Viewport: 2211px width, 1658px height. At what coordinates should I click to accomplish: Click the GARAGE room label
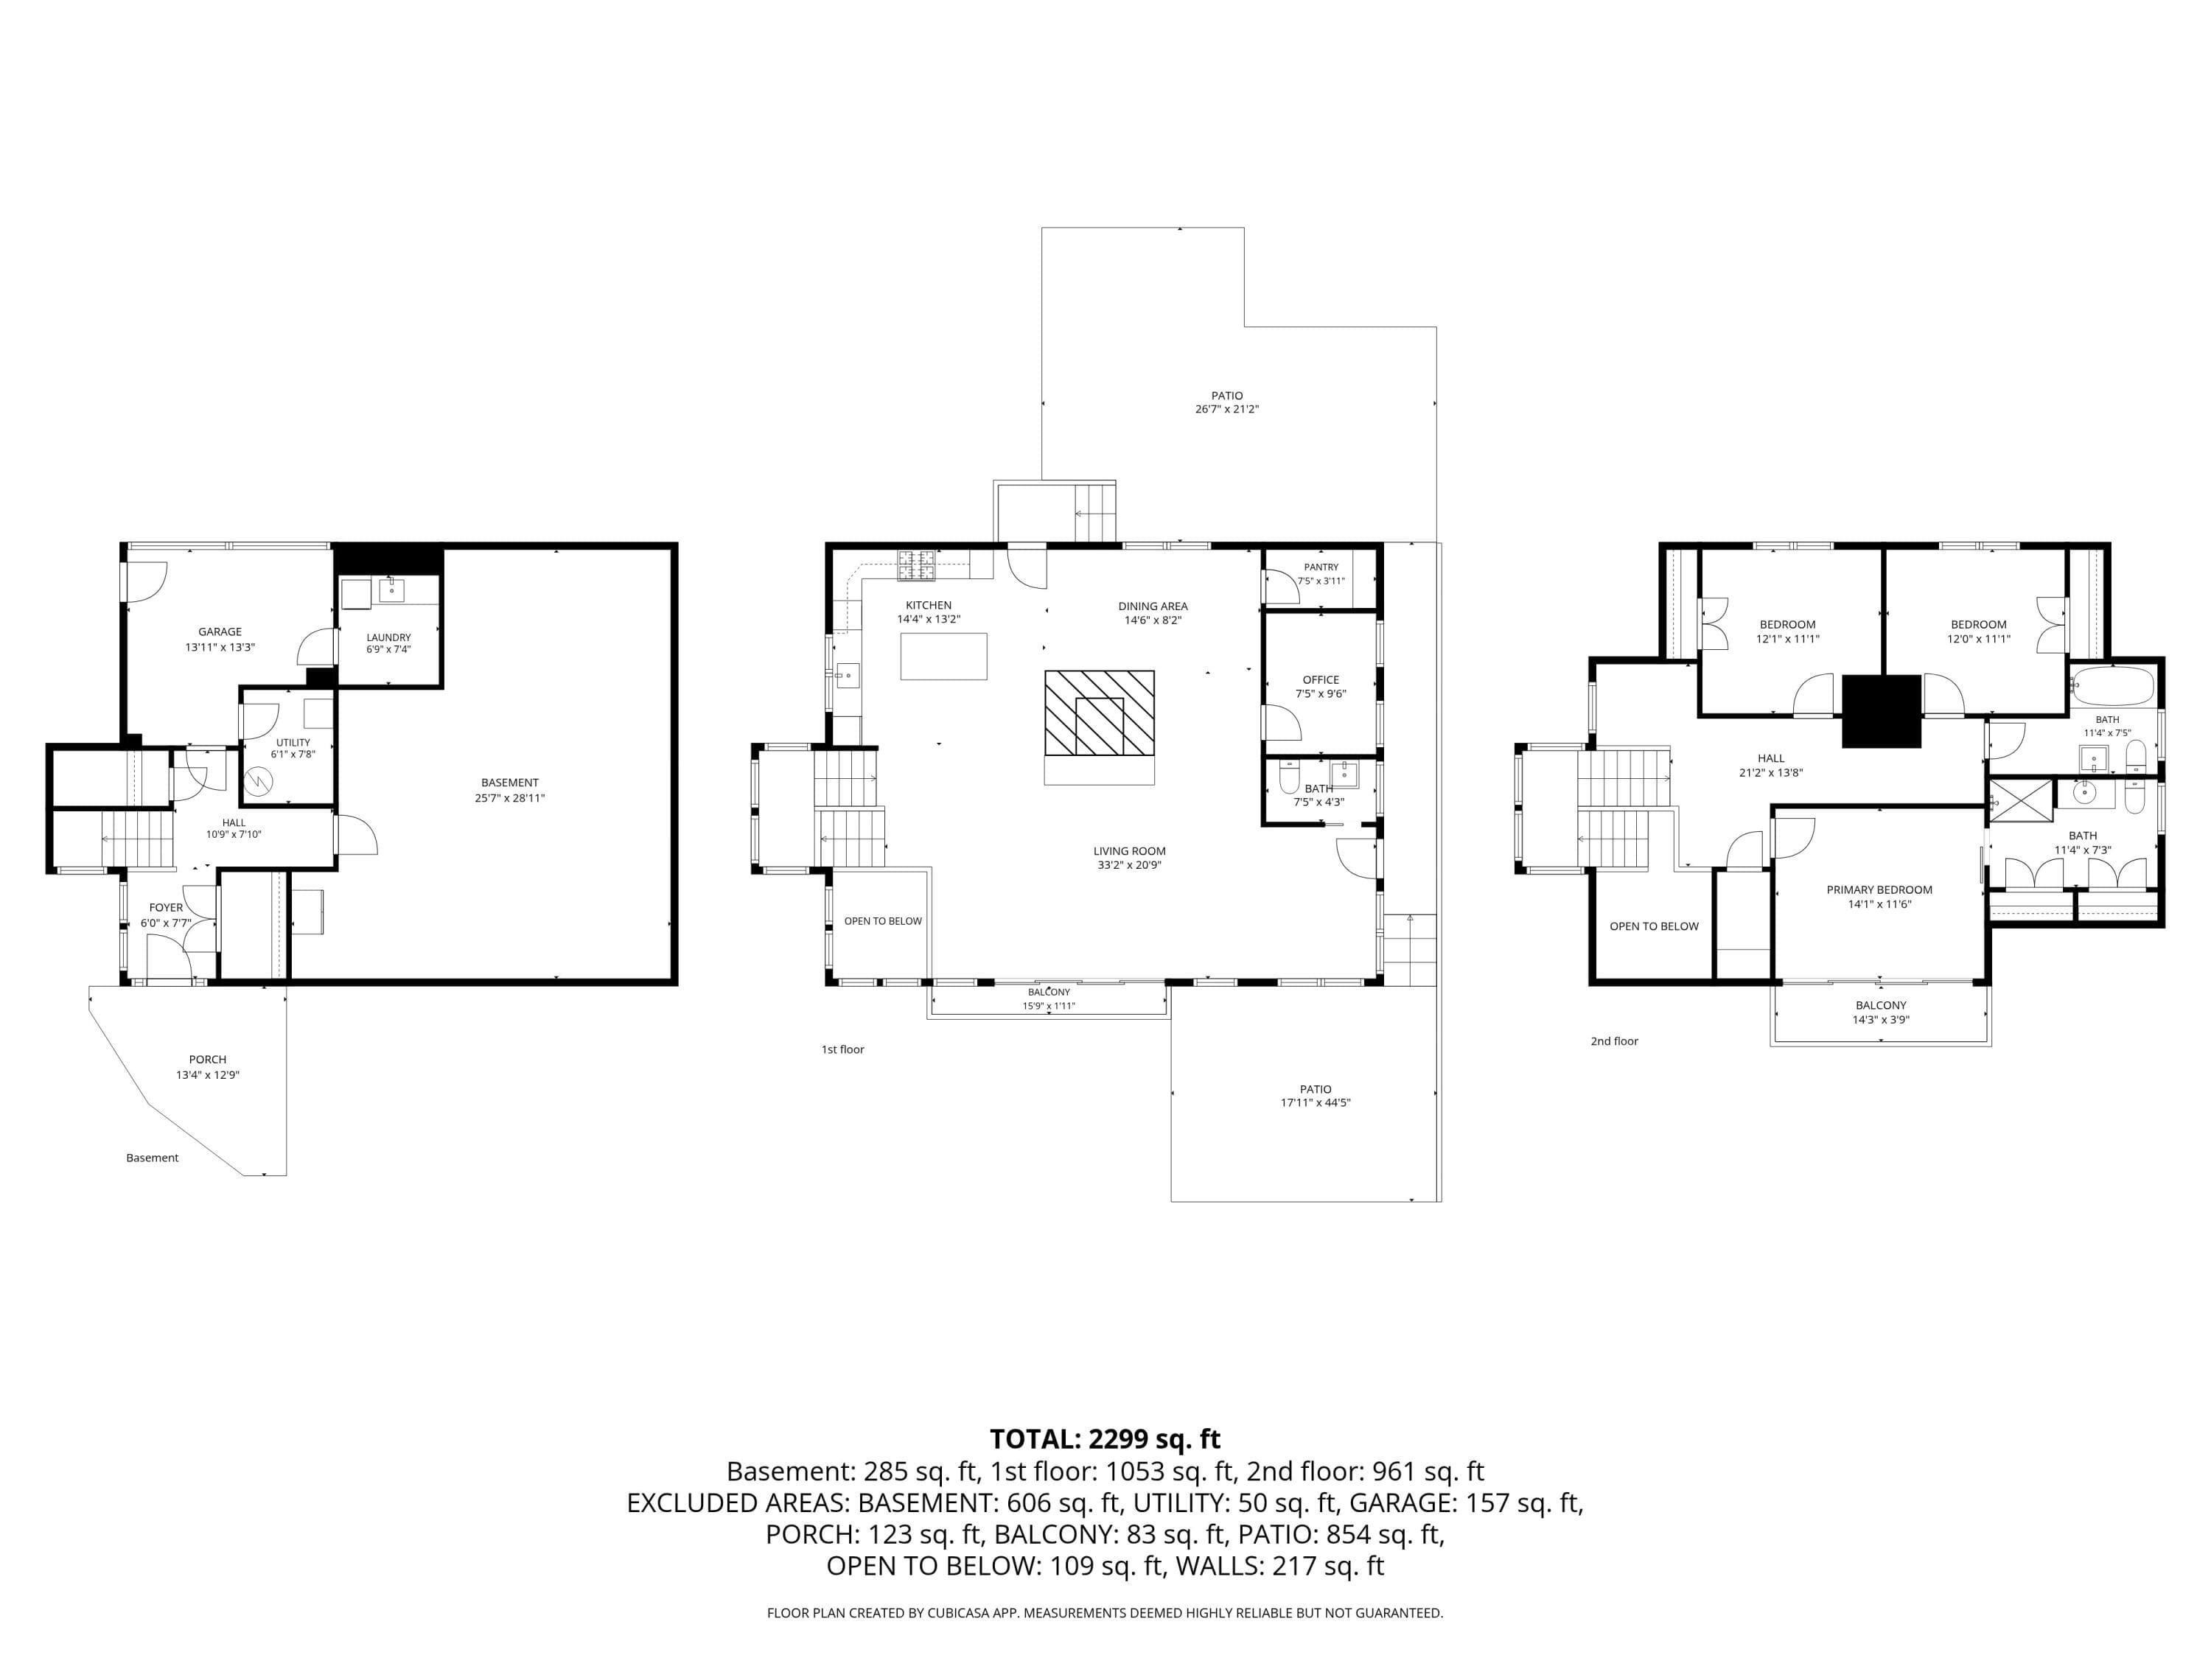tap(220, 632)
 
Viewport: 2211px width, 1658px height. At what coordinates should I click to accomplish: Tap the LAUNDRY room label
tap(389, 637)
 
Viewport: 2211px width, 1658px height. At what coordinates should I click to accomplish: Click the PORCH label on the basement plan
tap(208, 1060)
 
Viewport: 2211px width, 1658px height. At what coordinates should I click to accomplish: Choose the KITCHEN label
tap(929, 606)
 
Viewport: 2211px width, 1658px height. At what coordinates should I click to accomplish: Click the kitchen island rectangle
tap(943, 657)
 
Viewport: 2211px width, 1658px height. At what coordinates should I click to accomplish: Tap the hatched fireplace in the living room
tap(1100, 713)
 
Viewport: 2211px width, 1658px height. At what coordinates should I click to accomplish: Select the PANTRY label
tap(1321, 567)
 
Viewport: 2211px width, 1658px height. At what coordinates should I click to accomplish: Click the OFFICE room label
tap(1321, 679)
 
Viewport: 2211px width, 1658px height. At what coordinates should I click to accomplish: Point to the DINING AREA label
tap(1153, 606)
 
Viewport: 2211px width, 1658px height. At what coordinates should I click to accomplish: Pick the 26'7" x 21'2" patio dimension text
tap(1227, 409)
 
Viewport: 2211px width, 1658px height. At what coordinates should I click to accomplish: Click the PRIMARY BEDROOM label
tap(1879, 889)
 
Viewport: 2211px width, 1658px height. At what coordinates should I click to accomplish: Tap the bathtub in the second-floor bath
tap(2111, 687)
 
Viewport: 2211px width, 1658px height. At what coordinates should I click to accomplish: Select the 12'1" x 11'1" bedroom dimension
tap(1787, 639)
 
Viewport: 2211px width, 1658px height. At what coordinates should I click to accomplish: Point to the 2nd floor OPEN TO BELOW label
tap(1655, 926)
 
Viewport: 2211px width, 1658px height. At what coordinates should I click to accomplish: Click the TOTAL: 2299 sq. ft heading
tap(1105, 1439)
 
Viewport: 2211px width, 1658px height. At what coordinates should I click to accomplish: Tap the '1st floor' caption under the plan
tap(842, 1049)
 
